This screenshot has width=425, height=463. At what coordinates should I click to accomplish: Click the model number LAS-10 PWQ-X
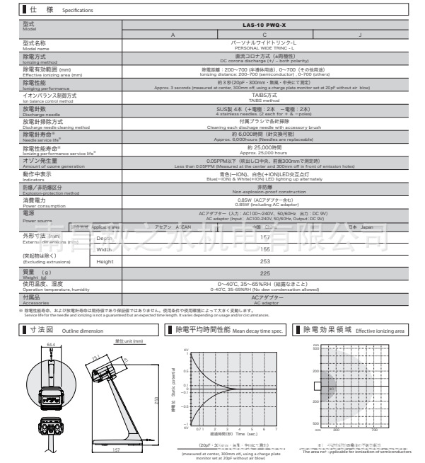[264, 25]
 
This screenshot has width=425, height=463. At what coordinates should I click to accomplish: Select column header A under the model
[172, 35]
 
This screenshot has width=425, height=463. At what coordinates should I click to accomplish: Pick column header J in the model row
[360, 35]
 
